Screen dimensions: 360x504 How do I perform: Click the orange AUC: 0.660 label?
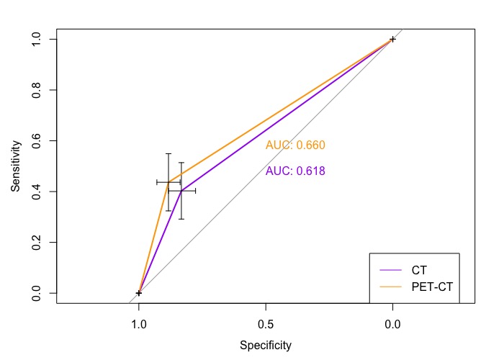(x=295, y=145)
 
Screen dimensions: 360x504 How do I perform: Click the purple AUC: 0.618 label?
(x=295, y=171)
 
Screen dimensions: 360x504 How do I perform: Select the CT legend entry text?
(x=419, y=271)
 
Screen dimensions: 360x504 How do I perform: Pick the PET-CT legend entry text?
(x=431, y=287)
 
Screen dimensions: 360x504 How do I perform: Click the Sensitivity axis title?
(x=15, y=166)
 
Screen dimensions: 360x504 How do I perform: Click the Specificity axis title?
(x=266, y=346)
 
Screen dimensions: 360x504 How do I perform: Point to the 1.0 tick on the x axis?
(x=139, y=323)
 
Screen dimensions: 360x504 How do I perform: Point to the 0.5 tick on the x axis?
(x=266, y=323)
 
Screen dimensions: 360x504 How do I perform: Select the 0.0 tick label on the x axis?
(x=392, y=323)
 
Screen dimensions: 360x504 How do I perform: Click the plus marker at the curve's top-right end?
(x=392, y=39)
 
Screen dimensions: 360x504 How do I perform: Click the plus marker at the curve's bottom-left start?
(x=139, y=293)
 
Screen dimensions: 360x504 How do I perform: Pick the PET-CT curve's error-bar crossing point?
(x=168, y=182)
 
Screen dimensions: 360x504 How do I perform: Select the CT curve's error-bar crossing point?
(x=181, y=191)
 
